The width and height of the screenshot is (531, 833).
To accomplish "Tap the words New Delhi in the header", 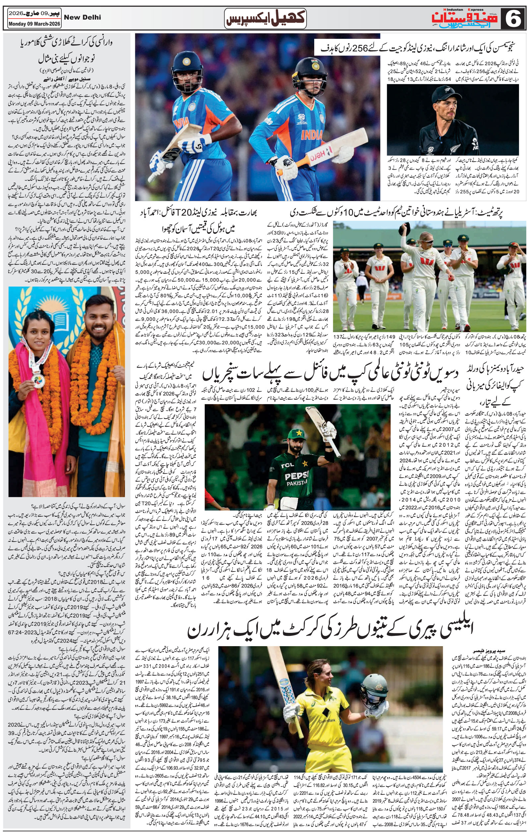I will tap(83, 17).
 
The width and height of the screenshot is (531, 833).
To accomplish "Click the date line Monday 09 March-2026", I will tap(34, 24).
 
